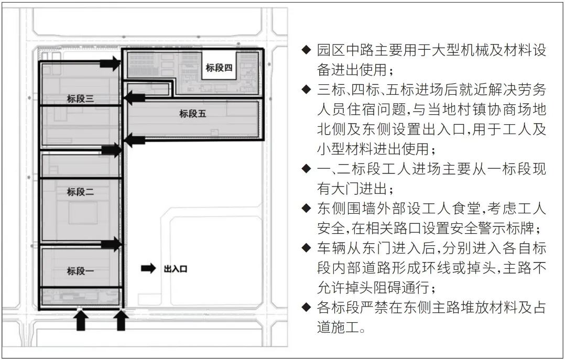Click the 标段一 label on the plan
[80, 270]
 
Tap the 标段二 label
[80, 192]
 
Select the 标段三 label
[80, 99]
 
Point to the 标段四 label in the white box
[219, 68]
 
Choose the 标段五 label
[193, 114]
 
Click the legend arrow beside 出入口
[148, 268]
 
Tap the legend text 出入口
[176, 269]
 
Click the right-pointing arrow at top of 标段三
[110, 63]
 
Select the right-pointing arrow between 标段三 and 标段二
[111, 150]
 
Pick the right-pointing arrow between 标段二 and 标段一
[111, 244]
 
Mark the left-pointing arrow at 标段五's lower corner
[134, 140]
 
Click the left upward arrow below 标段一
[81, 320]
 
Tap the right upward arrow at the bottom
[121, 320]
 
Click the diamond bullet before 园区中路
[306, 49]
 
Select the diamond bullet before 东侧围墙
[306, 208]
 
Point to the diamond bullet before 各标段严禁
[306, 307]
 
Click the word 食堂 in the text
[466, 208]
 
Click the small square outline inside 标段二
[83, 213]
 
